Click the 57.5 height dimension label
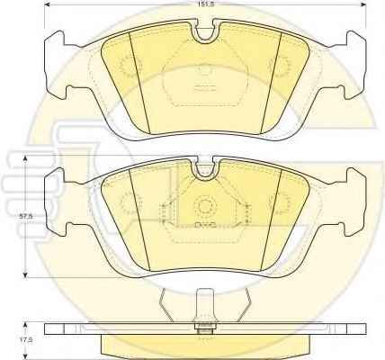click(x=24, y=216)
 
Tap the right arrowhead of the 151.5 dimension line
click(x=363, y=4)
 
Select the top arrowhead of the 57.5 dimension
click(x=26, y=158)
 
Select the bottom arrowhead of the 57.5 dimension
click(x=26, y=275)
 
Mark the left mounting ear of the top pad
click(x=57, y=65)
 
